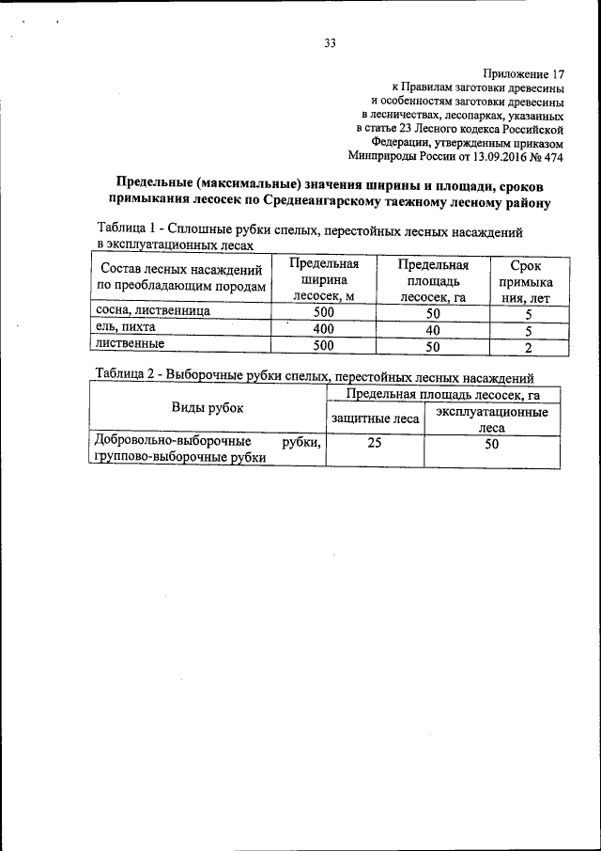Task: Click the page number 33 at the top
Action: (330, 42)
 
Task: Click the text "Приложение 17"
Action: (523, 72)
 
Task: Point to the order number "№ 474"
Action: (545, 157)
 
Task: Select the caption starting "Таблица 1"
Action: (310, 230)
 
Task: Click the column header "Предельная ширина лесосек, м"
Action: (323, 280)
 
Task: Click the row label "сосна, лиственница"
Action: (152, 310)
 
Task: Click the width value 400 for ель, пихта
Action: (323, 329)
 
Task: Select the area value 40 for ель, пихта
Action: (432, 329)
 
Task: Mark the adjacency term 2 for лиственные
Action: (528, 347)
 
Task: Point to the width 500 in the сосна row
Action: (323, 312)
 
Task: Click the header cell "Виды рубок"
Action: (207, 408)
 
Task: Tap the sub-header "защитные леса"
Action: (374, 418)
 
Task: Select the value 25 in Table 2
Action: (374, 445)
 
